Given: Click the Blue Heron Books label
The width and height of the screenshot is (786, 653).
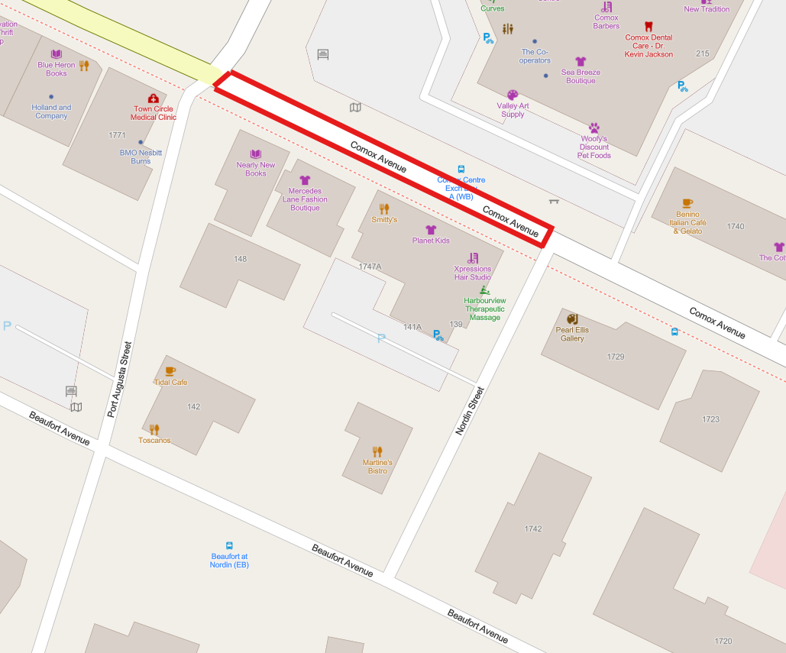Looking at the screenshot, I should pyautogui.click(x=57, y=69).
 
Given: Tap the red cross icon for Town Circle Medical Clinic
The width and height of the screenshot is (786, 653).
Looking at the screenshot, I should pyautogui.click(x=153, y=99).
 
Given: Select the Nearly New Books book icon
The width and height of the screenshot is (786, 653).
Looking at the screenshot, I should pyautogui.click(x=256, y=154).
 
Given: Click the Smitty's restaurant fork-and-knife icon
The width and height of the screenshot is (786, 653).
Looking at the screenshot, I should pyautogui.click(x=384, y=208).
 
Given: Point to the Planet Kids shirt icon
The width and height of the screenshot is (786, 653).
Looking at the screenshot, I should pyautogui.click(x=431, y=229).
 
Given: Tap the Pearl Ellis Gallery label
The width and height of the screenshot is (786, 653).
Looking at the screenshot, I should pyautogui.click(x=572, y=335).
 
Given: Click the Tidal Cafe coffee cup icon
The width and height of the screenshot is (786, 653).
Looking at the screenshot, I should pyautogui.click(x=170, y=371).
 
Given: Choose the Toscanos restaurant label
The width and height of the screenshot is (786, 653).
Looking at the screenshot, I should pyautogui.click(x=154, y=441).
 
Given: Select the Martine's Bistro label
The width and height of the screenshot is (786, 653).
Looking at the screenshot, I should pyautogui.click(x=377, y=467).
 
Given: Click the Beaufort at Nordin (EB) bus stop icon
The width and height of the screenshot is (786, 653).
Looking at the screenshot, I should pyautogui.click(x=229, y=546).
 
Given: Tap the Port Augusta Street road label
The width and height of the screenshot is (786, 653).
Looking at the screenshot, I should pyautogui.click(x=120, y=379).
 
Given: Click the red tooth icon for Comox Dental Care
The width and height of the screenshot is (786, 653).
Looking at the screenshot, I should pyautogui.click(x=649, y=27).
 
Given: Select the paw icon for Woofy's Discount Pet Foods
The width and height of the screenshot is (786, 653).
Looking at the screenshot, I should pyautogui.click(x=594, y=128).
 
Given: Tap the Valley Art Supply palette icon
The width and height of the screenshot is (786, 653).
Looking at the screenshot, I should pyautogui.click(x=513, y=95).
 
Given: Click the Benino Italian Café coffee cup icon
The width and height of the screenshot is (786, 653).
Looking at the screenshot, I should pyautogui.click(x=687, y=203).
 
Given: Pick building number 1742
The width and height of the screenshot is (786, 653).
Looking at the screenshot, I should pyautogui.click(x=533, y=529).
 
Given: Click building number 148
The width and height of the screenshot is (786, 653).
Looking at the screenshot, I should pyautogui.click(x=241, y=259).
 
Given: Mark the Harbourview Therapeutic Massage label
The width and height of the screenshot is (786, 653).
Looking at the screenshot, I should pyautogui.click(x=484, y=309).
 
